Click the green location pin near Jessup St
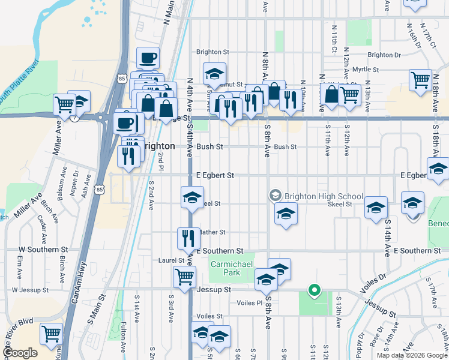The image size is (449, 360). tap(313, 292)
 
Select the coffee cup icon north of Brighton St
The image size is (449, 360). tap(148, 59)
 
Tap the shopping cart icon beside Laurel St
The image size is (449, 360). tap(184, 277)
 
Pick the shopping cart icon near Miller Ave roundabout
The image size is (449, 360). tap(64, 104)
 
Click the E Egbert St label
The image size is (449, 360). tap(214, 175)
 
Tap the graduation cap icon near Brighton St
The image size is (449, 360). tap(214, 74)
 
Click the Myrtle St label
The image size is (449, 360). tap(366, 70)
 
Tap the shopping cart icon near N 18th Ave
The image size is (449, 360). tap(420, 79)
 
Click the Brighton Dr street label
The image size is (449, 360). tap(384, 55)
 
